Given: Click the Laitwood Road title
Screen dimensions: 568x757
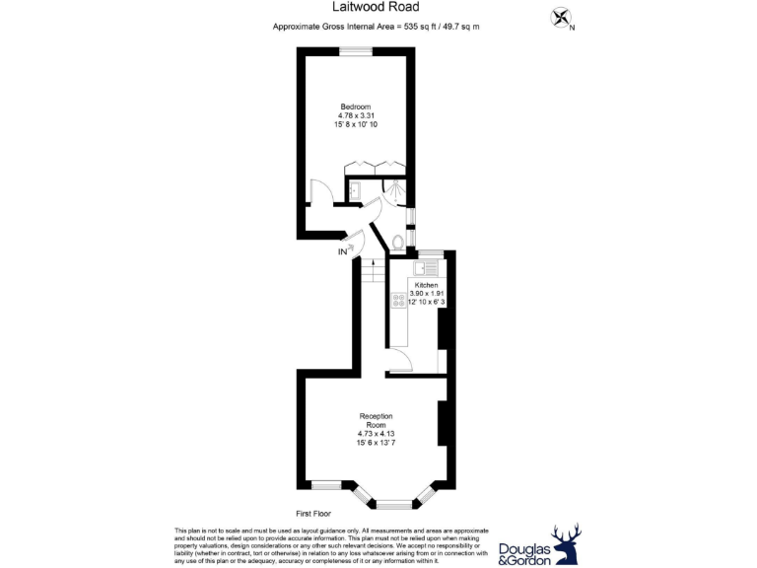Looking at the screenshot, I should tap(378, 7).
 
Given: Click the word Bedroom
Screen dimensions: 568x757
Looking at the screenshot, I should tap(356, 106).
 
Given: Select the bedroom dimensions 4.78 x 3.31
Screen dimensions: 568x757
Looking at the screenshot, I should tap(356, 116).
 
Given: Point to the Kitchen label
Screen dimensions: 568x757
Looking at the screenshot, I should tap(426, 285).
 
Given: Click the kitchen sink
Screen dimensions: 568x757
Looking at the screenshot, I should tap(429, 267).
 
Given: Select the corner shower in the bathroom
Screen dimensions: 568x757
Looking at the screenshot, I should tap(395, 189).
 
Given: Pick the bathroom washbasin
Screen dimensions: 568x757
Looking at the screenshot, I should tap(355, 190).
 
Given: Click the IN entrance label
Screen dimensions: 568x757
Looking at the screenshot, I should tap(343, 252).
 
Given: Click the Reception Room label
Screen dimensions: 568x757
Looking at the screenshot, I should tap(376, 420).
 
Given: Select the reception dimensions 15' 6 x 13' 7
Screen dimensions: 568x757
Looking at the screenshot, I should tap(376, 442).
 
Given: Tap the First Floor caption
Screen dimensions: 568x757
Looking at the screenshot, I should tap(313, 514).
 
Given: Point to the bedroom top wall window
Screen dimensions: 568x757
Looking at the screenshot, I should tap(356, 50).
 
